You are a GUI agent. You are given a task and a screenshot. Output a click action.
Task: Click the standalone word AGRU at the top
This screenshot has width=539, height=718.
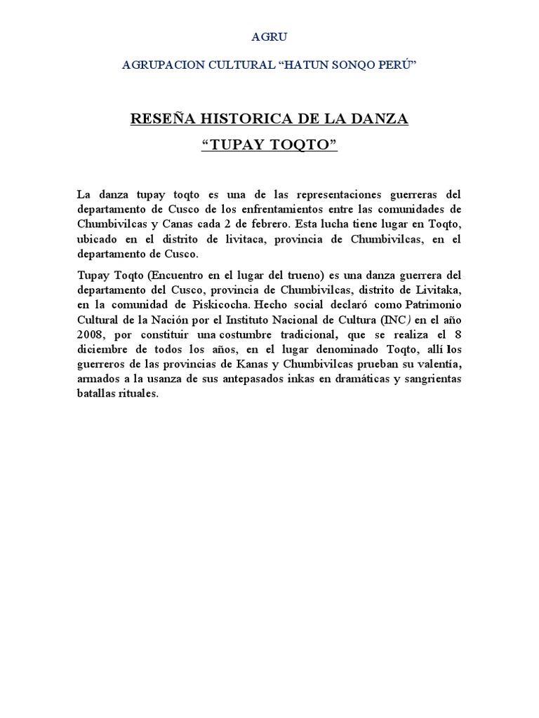pyautogui.click(x=269, y=36)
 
